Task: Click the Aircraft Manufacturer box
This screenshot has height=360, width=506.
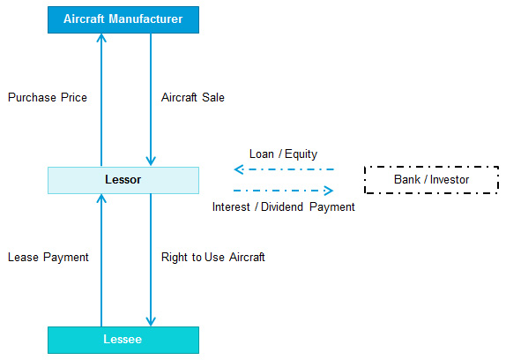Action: (123, 19)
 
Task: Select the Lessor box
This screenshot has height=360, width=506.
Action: (123, 180)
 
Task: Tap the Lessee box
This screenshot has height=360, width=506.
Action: (123, 340)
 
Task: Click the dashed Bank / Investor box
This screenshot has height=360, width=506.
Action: (431, 180)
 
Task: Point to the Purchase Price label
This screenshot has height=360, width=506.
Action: (48, 98)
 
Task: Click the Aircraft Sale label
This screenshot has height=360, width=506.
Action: (193, 98)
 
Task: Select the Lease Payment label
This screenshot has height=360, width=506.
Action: (48, 258)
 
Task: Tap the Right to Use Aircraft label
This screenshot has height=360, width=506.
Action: (213, 258)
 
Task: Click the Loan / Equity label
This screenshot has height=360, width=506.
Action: (283, 154)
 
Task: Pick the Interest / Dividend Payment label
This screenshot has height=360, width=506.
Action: (283, 207)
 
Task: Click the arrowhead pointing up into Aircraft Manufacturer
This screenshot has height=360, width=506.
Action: (101, 38)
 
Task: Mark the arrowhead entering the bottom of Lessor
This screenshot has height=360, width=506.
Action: (101, 199)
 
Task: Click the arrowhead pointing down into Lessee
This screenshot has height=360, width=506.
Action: (151, 321)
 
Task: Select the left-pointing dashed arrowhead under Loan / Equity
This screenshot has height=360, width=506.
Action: (239, 169)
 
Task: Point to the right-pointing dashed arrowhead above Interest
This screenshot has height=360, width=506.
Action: (329, 191)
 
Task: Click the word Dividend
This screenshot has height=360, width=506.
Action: (282, 207)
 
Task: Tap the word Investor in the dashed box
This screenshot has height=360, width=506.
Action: (450, 179)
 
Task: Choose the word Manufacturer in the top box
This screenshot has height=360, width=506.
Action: (145, 19)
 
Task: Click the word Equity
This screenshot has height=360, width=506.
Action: (301, 154)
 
